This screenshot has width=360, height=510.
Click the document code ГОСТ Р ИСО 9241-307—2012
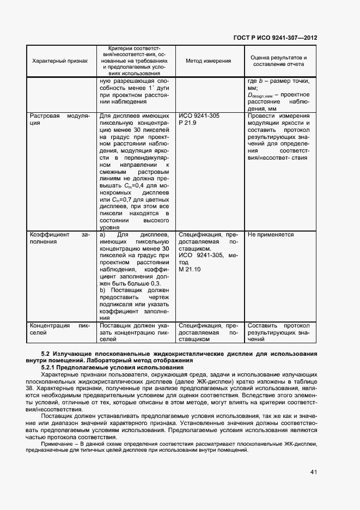275,38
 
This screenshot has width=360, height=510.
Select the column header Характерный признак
60,61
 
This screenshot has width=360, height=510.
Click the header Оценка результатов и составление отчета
278,61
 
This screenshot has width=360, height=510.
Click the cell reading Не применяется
271,235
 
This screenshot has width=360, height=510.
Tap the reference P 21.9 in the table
187,123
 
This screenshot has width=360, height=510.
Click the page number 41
314,472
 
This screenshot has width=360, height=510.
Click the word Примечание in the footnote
58,444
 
